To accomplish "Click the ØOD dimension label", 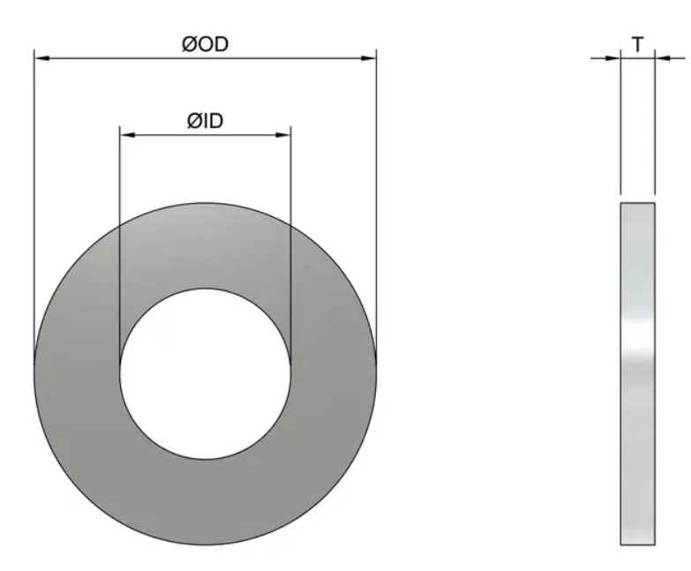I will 205,44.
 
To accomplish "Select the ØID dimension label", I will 204,121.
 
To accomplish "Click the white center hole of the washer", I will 205,374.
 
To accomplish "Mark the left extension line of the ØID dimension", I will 120,238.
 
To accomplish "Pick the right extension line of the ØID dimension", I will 290,238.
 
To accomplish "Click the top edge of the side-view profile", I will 638,202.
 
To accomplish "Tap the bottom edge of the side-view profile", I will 638,544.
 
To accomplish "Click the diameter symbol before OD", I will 190,44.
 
